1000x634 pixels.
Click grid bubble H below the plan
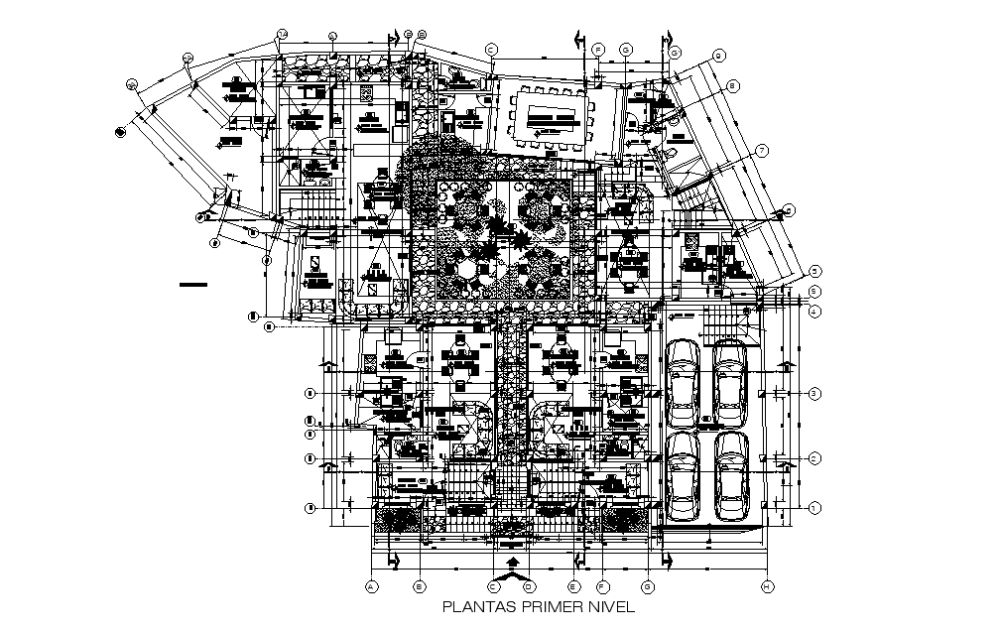click(767, 586)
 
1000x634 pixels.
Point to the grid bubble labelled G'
click(675, 52)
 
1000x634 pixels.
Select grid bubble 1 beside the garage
click(812, 509)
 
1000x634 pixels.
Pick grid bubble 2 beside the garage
click(812, 458)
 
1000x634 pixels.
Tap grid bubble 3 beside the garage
click(812, 394)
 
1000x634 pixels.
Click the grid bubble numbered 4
click(812, 313)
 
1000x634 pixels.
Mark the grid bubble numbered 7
click(763, 151)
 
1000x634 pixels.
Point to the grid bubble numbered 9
click(719, 56)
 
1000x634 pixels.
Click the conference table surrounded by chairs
click(551, 119)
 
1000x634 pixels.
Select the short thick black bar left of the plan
click(193, 286)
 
